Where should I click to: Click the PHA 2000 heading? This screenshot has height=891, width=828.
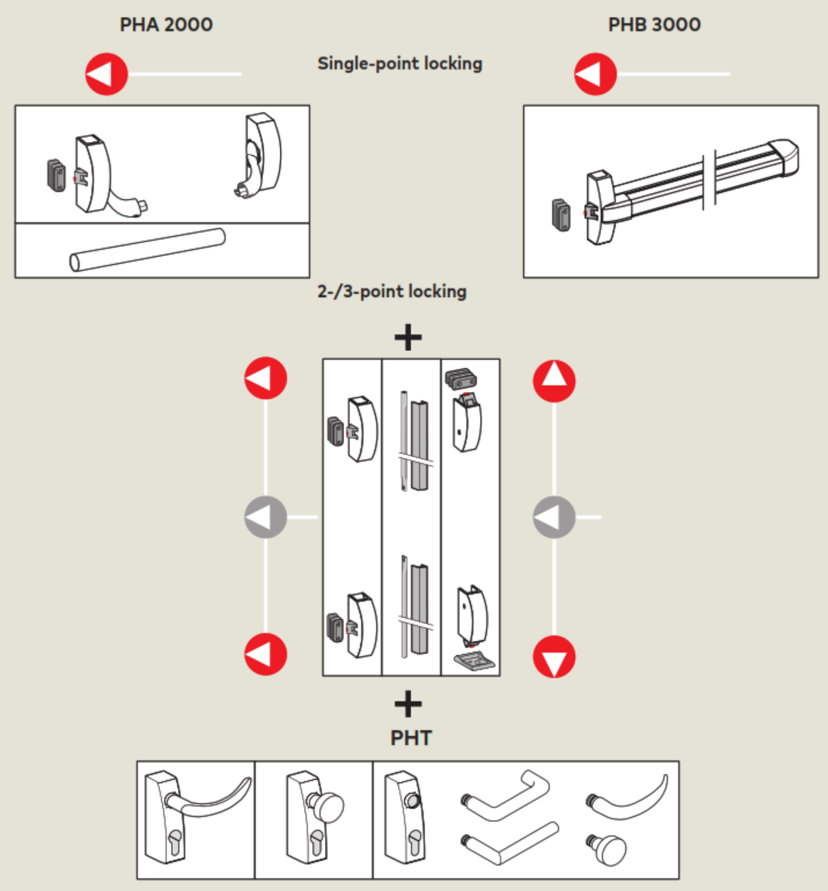(166, 25)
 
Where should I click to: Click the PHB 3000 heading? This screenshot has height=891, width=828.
(654, 25)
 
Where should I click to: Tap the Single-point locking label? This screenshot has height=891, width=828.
(400, 63)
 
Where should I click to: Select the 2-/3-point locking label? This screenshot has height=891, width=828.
(392, 292)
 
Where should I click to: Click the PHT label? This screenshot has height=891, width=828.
(411, 738)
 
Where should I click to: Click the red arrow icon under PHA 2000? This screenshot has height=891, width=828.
(106, 74)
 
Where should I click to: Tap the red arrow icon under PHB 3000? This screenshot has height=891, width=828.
(596, 74)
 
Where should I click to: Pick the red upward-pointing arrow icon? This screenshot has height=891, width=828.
(554, 380)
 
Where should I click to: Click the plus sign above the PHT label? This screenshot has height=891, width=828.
(408, 704)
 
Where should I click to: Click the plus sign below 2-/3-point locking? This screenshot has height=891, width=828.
(408, 337)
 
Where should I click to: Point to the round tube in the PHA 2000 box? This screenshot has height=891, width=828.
(147, 250)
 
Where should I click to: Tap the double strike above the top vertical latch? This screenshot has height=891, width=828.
(461, 379)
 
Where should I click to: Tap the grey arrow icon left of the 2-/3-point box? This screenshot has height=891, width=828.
(265, 517)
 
